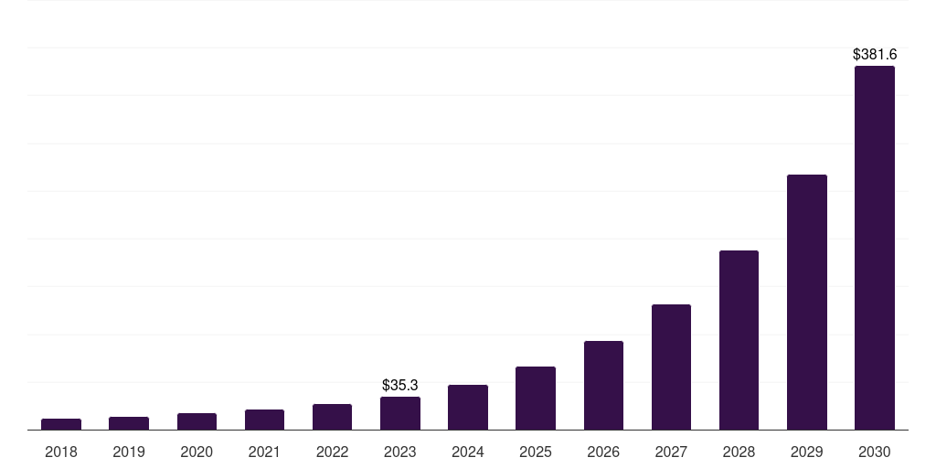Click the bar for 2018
coord(61,424)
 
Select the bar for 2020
coord(197,421)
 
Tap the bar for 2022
coord(332,417)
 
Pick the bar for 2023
coord(400,413)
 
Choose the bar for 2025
coord(536,399)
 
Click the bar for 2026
coord(603,386)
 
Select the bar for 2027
coord(671,367)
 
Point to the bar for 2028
coord(739,340)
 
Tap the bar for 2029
coord(807,303)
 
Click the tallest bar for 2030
coord(875,248)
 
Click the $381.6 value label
coord(875,55)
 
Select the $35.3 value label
coord(400,386)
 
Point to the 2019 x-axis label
coord(129,452)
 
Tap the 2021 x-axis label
coord(264,452)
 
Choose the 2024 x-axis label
coord(468,452)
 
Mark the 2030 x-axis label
coord(875,452)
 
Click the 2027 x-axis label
coord(671,452)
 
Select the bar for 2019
coord(129,423)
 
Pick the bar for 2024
coord(468,408)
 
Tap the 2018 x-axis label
coord(61,452)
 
